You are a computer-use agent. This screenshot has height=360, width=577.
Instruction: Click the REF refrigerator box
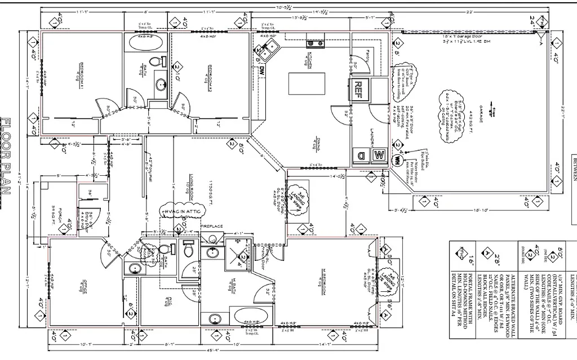click(x=359, y=89)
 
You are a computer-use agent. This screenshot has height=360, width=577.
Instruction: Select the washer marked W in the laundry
click(x=379, y=154)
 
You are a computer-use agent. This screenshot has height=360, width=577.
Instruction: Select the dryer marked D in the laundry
click(x=361, y=154)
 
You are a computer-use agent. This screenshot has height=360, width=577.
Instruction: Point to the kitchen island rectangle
click(x=307, y=84)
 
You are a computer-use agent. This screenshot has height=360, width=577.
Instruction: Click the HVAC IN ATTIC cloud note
click(x=181, y=210)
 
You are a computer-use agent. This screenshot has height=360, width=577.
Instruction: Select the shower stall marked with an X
click(x=236, y=254)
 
